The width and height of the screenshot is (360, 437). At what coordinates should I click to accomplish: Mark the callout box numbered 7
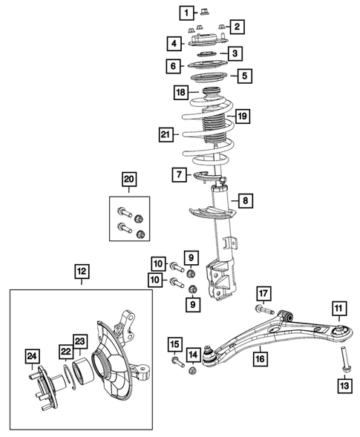[179, 174]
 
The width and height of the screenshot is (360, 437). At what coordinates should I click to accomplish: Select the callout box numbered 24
[32, 355]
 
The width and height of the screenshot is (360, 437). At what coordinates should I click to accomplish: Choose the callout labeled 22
[65, 355]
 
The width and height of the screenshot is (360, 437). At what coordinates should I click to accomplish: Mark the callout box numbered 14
[193, 355]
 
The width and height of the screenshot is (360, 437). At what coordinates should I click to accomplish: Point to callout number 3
[234, 53]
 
